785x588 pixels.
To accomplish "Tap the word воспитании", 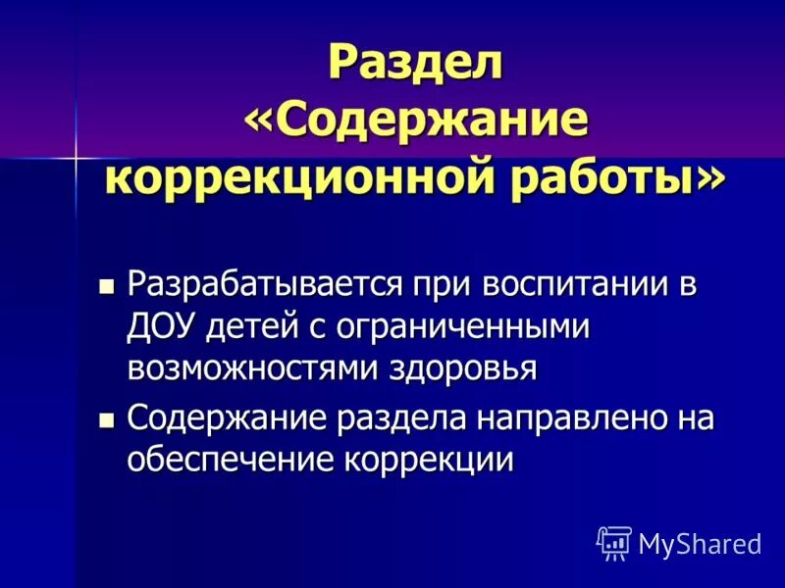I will tap(544, 287).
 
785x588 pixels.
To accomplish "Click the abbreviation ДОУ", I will tap(162, 327).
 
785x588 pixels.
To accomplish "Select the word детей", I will tap(251, 327).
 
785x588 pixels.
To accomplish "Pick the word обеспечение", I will tap(229, 461).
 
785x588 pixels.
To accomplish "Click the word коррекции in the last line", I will tap(428, 461).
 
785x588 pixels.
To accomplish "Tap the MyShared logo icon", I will tap(613, 541).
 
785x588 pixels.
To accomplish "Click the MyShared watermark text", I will tap(700, 543).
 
